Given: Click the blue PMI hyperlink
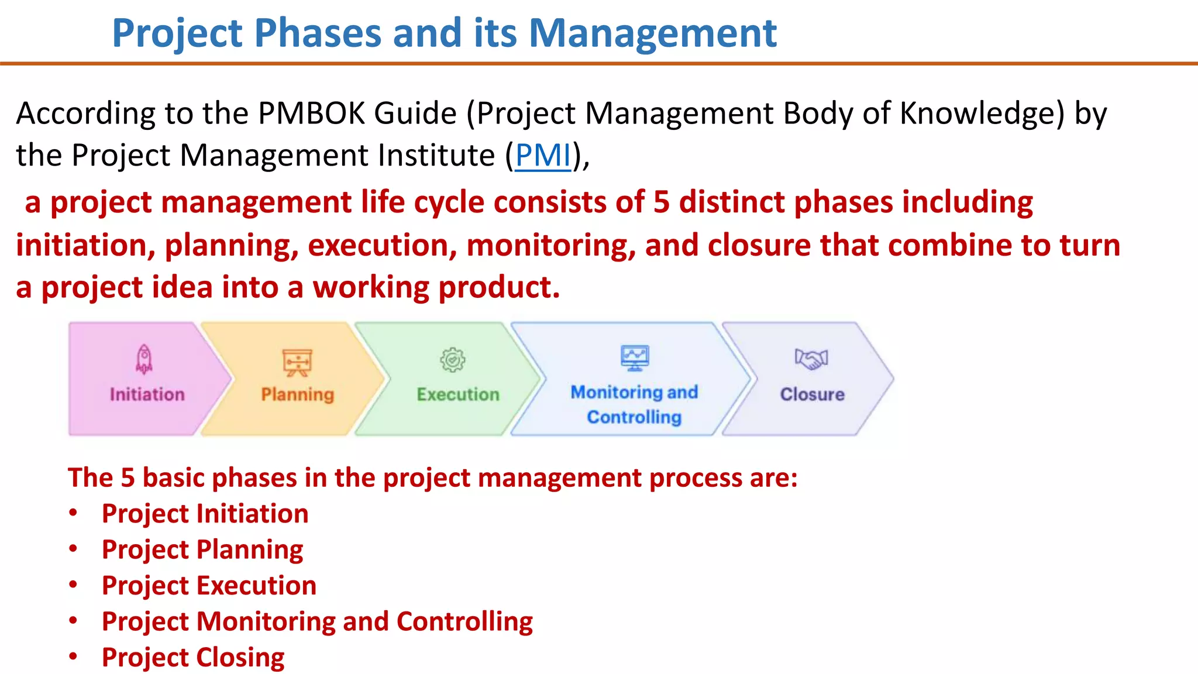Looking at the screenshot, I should pos(543,156).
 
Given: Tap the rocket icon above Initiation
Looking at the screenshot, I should pos(144,359).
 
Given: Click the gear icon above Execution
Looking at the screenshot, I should pos(453,360).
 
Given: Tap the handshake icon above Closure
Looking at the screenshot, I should pos(811,359).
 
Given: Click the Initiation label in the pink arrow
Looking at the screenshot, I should pos(147,394).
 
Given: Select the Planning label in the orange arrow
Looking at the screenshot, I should pos(297,394).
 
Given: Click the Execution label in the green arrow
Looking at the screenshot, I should pos(458,394).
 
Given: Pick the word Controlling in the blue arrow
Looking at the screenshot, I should pos(634,417).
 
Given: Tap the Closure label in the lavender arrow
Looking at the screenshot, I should pos(812,394).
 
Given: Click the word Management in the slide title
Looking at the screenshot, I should pos(652,33).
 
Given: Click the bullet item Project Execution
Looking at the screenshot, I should pos(209,586).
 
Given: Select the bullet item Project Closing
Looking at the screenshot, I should pos(193,658).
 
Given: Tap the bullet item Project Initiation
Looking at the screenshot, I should pos(205,514).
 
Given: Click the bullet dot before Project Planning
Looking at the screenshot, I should pos(73,549).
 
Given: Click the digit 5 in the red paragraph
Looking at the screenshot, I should pos(661,202).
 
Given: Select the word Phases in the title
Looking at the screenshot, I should pos(318,33).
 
